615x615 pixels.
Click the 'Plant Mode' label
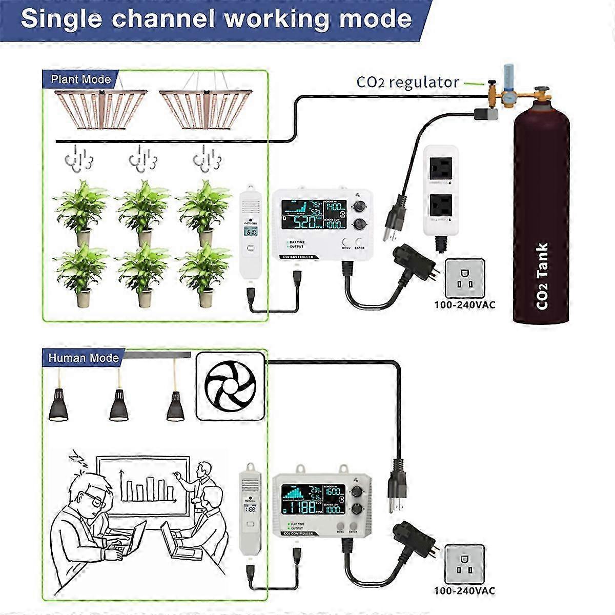80,79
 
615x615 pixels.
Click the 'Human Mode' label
83,358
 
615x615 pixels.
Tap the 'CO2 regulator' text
407,82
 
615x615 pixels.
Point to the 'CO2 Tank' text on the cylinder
542,276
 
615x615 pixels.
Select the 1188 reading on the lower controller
302,507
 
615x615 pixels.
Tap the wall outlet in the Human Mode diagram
464,564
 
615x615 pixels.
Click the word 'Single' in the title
60,19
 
